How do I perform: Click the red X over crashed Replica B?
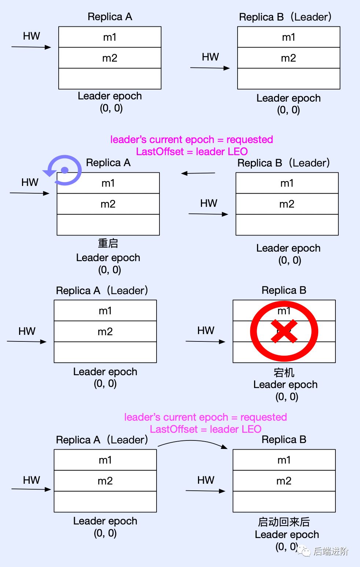tap(284, 331)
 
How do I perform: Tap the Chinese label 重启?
tap(108, 243)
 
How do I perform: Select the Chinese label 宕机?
tap(284, 373)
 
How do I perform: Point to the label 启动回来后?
tap(284, 522)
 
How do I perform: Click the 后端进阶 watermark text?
tap(331, 551)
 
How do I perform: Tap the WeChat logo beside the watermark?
tap(304, 551)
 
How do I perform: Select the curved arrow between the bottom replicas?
tap(192, 441)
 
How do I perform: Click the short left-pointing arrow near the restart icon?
tap(198, 173)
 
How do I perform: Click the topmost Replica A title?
tap(110, 17)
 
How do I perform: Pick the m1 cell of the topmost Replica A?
tap(110, 37)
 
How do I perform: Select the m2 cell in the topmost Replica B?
tap(289, 58)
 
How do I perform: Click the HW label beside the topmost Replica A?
tap(32, 36)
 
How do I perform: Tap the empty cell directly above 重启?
tap(108, 225)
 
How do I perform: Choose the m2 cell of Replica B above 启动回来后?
tap(284, 481)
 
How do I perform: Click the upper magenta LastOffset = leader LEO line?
tap(192, 151)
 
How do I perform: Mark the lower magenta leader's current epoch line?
tap(205, 417)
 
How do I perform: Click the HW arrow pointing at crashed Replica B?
tap(205, 341)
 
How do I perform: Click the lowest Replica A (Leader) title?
tap(102, 440)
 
